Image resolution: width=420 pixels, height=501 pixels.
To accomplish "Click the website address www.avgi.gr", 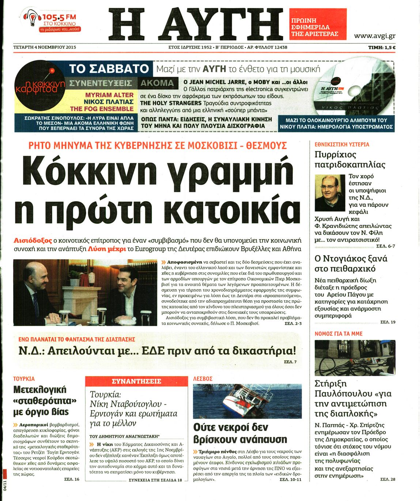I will pyautogui.click(x=374, y=36).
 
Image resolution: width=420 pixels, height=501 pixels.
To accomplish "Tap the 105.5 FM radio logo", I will pyautogui.click(x=51, y=22).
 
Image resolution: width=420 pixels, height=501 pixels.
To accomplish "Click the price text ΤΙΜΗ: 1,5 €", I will pyautogui.click(x=382, y=47).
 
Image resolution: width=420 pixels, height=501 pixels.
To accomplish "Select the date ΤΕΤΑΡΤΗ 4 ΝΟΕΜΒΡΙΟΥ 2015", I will pyautogui.click(x=45, y=47).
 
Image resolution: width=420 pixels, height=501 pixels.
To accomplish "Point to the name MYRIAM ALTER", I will pyautogui.click(x=109, y=95).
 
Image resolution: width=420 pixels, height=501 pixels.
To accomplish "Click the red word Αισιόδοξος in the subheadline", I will pyautogui.click(x=33, y=241).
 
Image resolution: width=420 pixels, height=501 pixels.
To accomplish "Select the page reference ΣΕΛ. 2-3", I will pyautogui.click(x=293, y=324).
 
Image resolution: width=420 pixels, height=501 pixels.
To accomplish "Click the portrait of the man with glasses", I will pyautogui.click(x=330, y=193).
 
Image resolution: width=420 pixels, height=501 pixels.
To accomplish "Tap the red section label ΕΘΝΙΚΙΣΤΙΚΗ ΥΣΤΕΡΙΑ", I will pyautogui.click(x=342, y=144).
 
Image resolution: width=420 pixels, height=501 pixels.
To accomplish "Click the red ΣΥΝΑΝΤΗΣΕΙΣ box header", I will pyautogui.click(x=136, y=381).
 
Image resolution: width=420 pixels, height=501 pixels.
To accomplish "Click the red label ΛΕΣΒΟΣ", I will pyautogui.click(x=203, y=379).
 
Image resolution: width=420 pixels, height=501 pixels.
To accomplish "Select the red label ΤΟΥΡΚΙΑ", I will pyautogui.click(x=24, y=379).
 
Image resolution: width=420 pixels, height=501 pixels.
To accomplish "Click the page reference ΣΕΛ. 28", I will pyautogui.click(x=387, y=479).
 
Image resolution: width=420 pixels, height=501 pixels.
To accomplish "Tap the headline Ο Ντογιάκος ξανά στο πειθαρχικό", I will pyautogui.click(x=351, y=264).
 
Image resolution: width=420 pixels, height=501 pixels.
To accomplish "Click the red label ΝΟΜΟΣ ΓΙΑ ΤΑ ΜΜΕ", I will pyautogui.click(x=338, y=334).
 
